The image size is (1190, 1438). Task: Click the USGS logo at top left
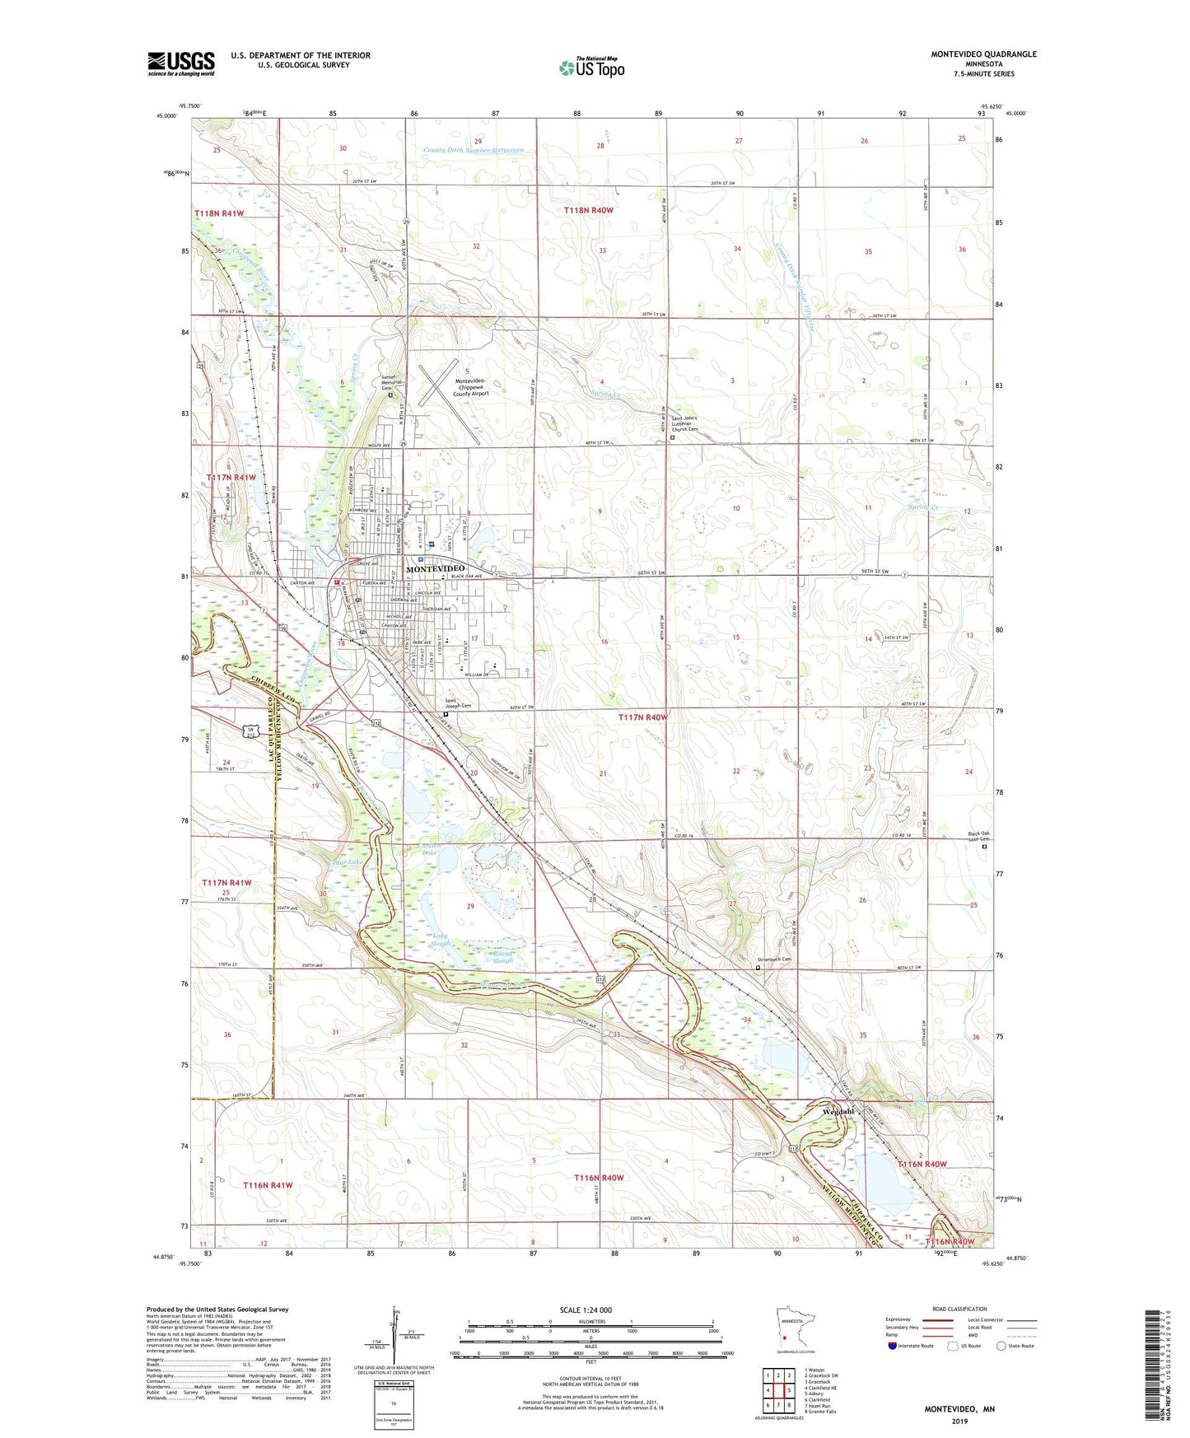click(181, 63)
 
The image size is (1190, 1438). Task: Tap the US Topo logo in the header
click(591, 67)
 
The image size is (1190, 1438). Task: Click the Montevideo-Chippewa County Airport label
click(472, 387)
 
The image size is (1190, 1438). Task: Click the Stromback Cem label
click(774, 959)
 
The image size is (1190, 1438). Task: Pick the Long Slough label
click(440, 940)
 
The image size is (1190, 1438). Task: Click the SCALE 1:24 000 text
click(586, 1310)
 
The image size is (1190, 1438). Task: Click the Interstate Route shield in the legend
click(894, 1346)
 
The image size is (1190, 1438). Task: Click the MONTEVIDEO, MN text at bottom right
click(959, 1409)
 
